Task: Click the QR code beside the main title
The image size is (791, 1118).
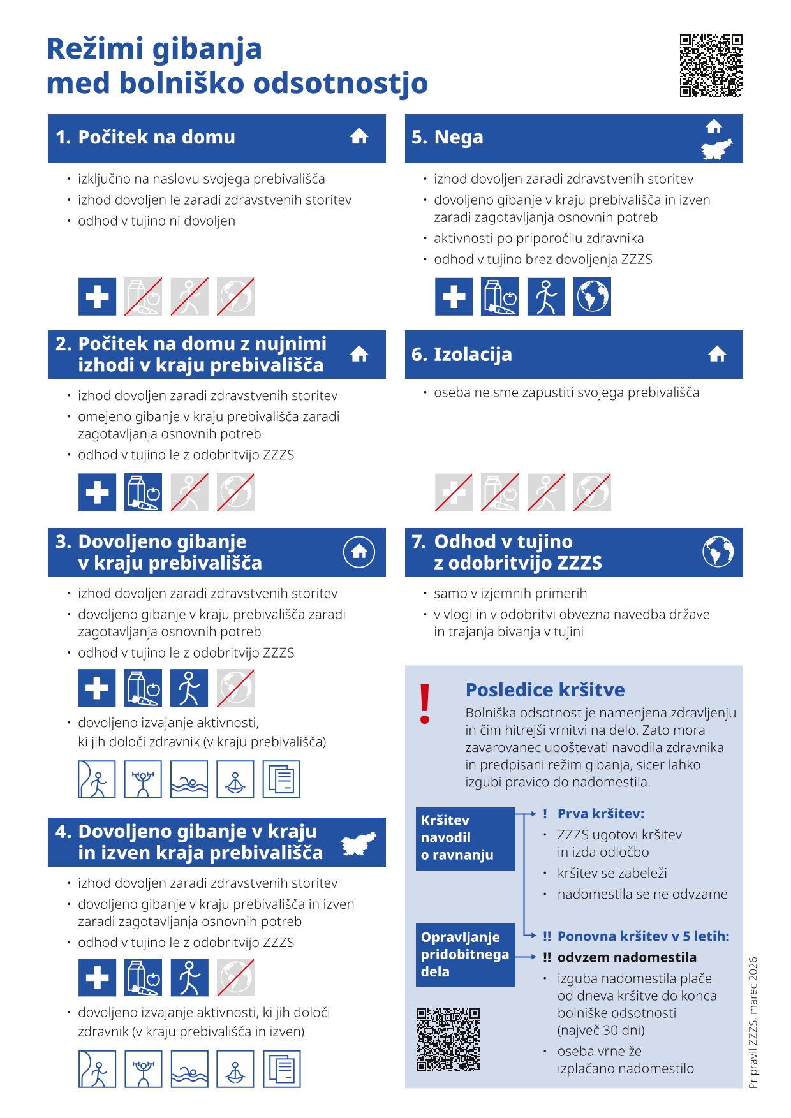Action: pyautogui.click(x=711, y=66)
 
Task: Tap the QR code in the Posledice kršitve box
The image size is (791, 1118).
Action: pyautogui.click(x=448, y=1040)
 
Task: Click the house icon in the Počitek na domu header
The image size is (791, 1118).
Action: pyautogui.click(x=359, y=136)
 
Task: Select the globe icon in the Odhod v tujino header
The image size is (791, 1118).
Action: pyautogui.click(x=718, y=552)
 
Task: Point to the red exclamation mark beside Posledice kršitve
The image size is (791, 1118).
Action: pyautogui.click(x=425, y=704)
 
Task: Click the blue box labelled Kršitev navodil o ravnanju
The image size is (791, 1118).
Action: pyautogui.click(x=465, y=838)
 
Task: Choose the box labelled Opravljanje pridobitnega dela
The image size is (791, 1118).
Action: pyautogui.click(x=465, y=954)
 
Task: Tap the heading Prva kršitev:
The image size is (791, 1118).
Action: pyautogui.click(x=600, y=814)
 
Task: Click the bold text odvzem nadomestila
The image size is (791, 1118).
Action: pyautogui.click(x=626, y=957)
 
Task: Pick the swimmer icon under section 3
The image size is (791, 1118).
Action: pyautogui.click(x=189, y=779)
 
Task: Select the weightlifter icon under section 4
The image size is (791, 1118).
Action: pyautogui.click(x=144, y=1069)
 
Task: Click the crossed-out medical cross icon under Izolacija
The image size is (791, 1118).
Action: pyautogui.click(x=454, y=492)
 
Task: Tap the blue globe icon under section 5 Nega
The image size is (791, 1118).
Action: pyautogui.click(x=592, y=297)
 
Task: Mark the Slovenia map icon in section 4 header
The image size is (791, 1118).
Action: pyautogui.click(x=359, y=843)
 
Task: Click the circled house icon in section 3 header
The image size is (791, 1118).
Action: pyautogui.click(x=359, y=552)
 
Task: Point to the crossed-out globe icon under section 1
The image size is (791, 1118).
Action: pyautogui.click(x=235, y=297)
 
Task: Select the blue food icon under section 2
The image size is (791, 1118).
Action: pyautogui.click(x=144, y=492)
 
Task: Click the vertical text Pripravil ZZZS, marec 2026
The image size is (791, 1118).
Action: pyautogui.click(x=753, y=1022)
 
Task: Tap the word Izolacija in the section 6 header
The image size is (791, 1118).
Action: pyautogui.click(x=473, y=355)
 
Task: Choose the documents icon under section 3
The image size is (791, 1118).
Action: pyautogui.click(x=281, y=779)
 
